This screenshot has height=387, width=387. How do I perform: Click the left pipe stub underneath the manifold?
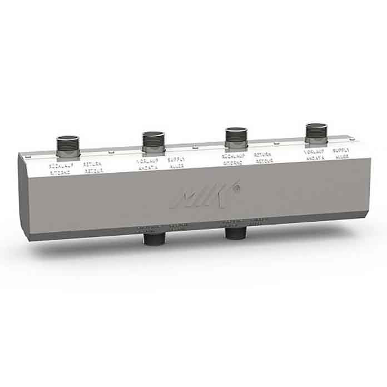point(152,239)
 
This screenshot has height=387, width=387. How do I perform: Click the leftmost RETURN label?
point(91,165)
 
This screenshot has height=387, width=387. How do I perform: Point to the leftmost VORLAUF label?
point(147,161)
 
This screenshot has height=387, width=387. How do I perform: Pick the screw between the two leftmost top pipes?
point(111,152)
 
